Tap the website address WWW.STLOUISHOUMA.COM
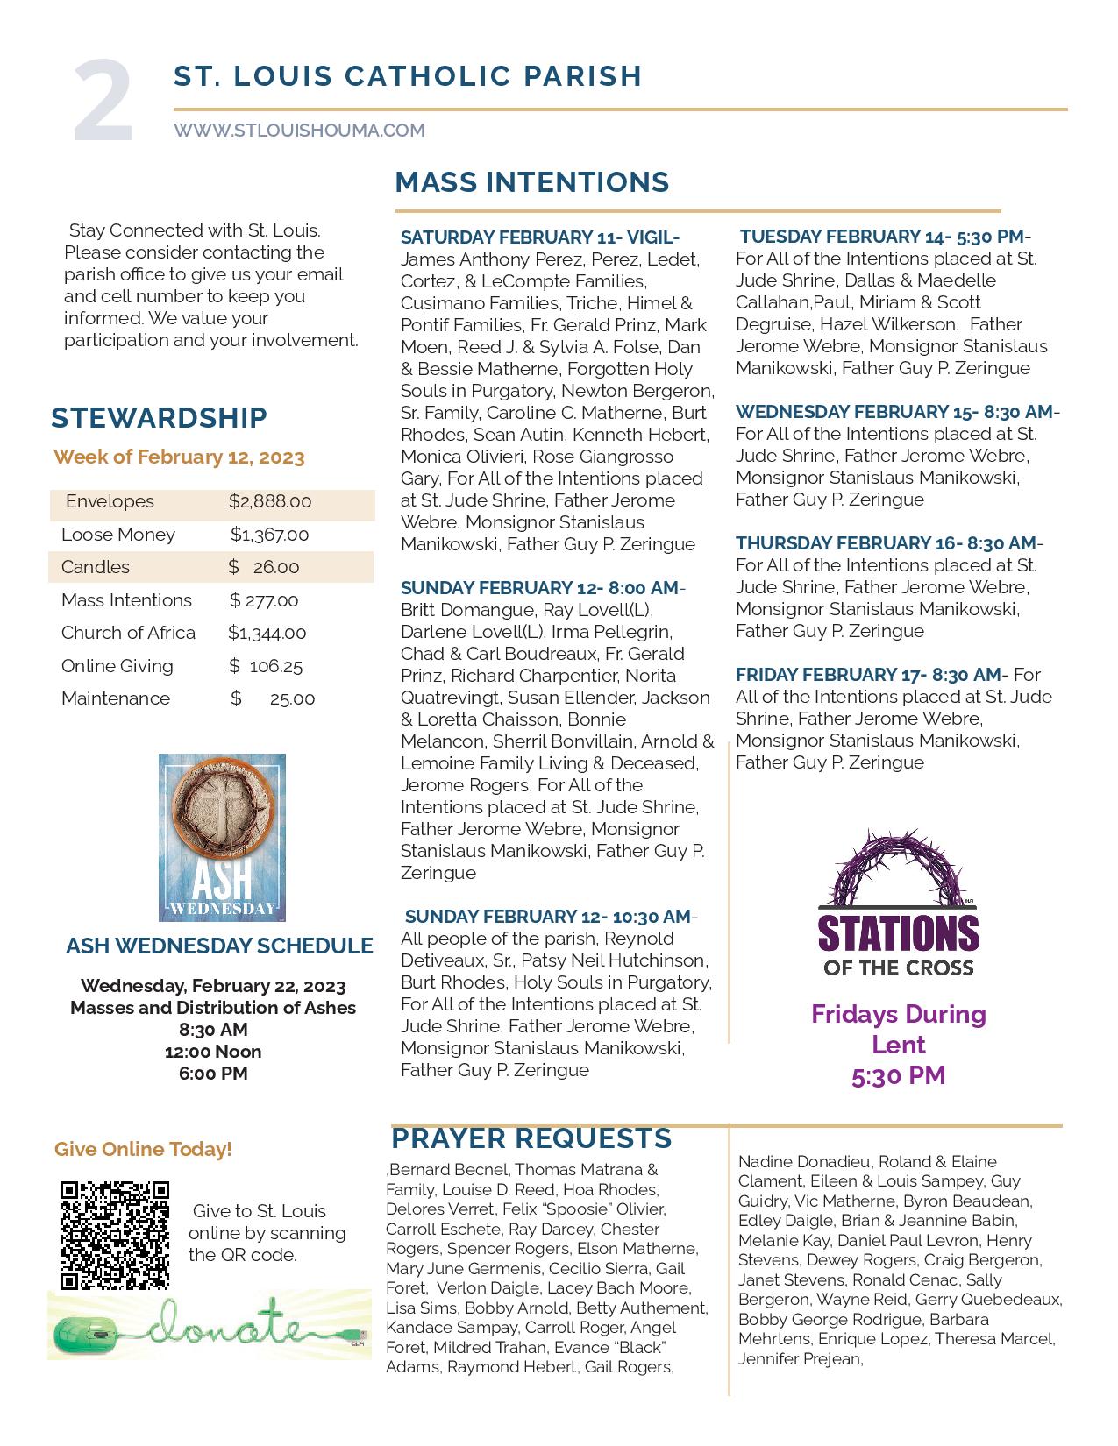299,131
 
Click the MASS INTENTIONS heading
531,182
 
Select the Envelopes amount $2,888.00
270,501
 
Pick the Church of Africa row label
128,633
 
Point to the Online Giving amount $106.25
266,666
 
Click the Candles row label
96,567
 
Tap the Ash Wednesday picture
222,837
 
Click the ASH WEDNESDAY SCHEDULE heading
219,946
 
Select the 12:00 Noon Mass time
213,1052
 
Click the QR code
114,1236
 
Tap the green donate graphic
209,1324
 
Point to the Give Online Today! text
143,1149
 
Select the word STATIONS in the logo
898,933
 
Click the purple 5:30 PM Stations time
898,1075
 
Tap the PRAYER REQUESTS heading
531,1138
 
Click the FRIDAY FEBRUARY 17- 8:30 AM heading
868,675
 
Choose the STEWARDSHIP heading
159,418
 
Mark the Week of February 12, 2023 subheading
179,457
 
